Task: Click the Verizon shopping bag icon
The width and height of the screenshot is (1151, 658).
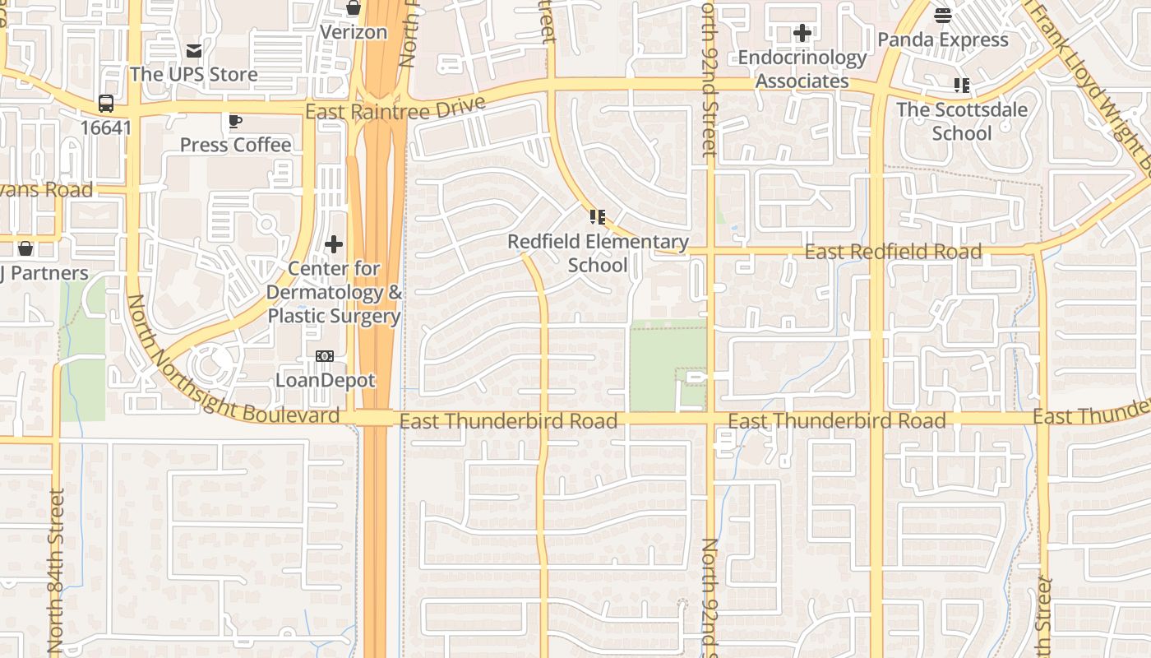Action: tap(354, 8)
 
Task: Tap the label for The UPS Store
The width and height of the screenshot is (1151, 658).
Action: tap(194, 74)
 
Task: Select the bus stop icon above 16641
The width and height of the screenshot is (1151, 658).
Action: tap(106, 104)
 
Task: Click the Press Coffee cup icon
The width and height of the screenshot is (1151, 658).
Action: tap(235, 122)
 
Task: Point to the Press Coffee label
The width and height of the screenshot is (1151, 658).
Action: tap(235, 145)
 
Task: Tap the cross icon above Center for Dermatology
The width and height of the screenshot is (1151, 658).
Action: tap(334, 244)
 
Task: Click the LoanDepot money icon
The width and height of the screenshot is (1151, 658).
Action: tap(325, 356)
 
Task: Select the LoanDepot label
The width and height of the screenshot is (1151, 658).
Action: tap(325, 380)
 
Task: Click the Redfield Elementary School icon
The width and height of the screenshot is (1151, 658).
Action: tap(598, 217)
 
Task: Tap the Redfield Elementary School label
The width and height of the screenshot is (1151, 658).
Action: tap(598, 253)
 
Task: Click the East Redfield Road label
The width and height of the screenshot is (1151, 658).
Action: tap(893, 252)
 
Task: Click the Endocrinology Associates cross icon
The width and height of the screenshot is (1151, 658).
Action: tap(802, 34)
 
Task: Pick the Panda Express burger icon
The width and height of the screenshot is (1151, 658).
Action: tap(943, 15)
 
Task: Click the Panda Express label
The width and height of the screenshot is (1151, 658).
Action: tap(943, 39)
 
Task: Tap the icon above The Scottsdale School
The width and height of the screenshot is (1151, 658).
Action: tap(962, 85)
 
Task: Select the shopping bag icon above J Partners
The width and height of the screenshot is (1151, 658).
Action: tap(25, 248)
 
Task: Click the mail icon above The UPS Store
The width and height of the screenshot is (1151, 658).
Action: tap(194, 51)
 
